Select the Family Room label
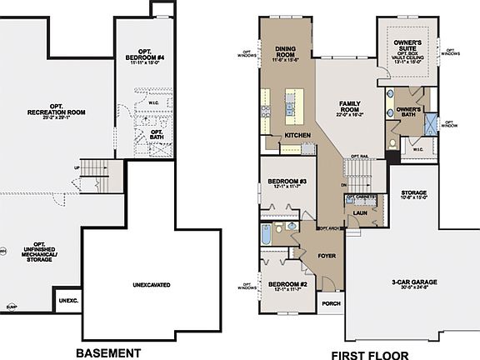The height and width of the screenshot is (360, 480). point(348,107)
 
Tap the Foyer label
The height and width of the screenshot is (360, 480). point(327,256)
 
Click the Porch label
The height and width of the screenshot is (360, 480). point(331,303)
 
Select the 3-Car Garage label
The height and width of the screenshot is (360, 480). point(410,283)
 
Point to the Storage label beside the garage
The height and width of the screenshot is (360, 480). point(414,192)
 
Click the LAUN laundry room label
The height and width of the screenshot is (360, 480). point(360,213)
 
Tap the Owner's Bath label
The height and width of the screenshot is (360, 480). point(409,110)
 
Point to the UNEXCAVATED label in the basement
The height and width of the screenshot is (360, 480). point(152,285)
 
